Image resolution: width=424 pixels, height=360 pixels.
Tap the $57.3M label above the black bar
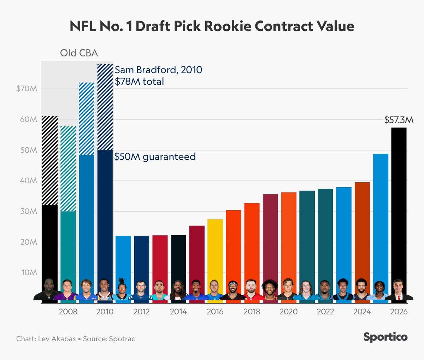click(399, 120)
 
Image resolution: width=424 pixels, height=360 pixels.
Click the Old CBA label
click(79, 53)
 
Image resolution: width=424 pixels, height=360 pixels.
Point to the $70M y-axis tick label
click(26, 89)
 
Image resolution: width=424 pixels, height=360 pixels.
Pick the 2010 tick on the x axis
click(105, 312)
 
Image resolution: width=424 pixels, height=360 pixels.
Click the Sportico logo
click(385, 337)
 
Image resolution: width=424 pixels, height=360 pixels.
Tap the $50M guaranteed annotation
click(155, 157)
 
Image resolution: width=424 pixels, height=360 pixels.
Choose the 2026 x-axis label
click(399, 312)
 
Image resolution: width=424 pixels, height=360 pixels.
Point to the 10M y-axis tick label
click(29, 272)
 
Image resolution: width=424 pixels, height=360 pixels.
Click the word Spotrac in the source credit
click(122, 339)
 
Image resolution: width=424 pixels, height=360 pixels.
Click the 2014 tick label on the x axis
click(178, 312)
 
